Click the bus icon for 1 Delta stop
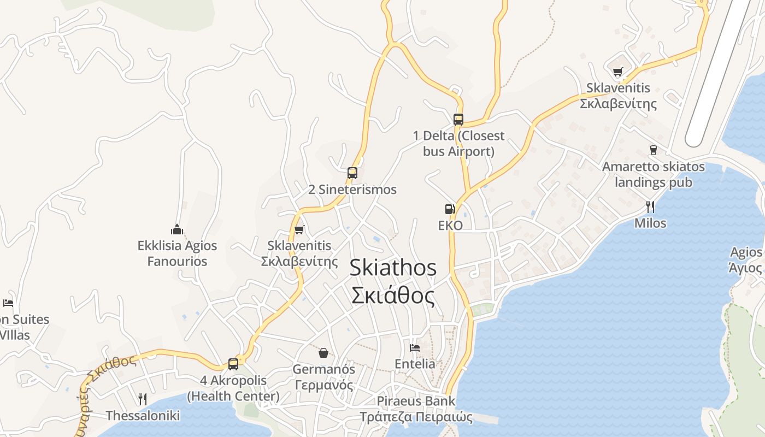click(x=458, y=119)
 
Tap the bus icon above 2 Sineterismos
click(x=352, y=173)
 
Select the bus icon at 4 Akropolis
click(x=233, y=364)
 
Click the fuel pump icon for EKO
click(x=450, y=209)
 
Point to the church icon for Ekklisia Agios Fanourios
click(x=176, y=229)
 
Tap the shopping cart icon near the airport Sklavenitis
click(x=618, y=72)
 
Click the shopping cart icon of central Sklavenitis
click(x=299, y=229)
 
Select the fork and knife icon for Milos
click(x=650, y=206)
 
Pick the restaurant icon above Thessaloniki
click(x=143, y=399)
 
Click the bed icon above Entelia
click(x=415, y=347)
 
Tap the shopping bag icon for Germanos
click(x=323, y=352)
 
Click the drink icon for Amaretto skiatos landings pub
click(x=653, y=150)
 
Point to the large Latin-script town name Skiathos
click(x=393, y=268)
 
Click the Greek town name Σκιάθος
click(x=393, y=296)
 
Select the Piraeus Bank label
click(x=415, y=401)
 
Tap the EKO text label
click(x=450, y=226)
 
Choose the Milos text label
click(x=650, y=223)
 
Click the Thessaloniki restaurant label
click(x=143, y=416)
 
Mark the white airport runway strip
click(x=721, y=71)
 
